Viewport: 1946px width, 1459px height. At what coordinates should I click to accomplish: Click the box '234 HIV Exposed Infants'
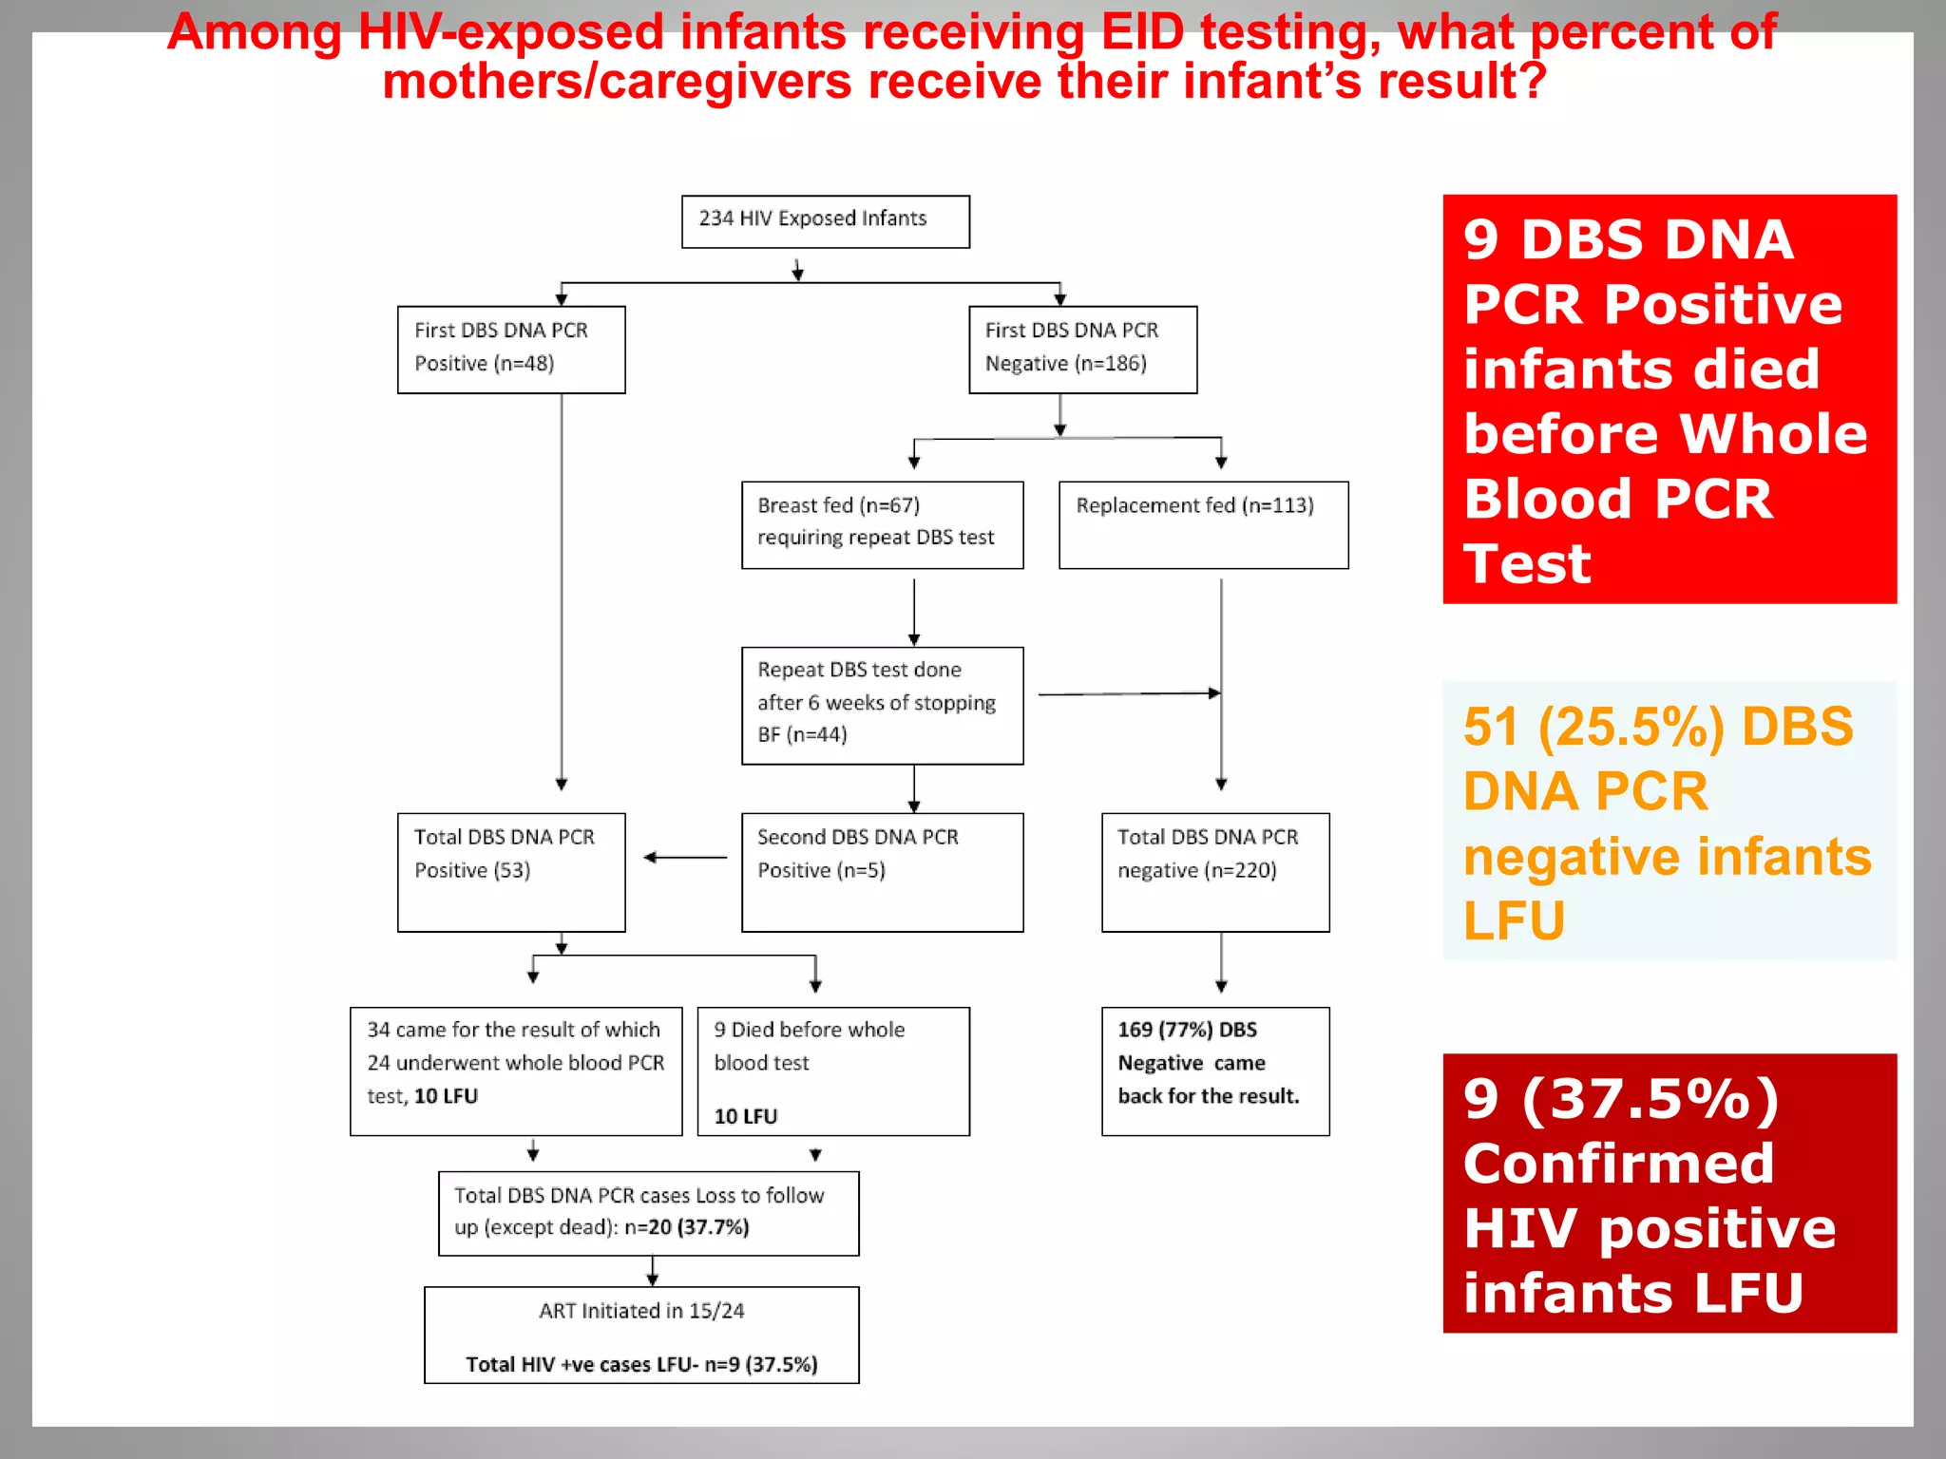click(x=825, y=221)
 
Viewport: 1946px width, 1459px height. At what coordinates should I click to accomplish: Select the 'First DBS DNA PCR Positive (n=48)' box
click(x=511, y=349)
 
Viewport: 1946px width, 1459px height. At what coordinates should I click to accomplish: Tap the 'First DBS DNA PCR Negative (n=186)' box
click(x=1082, y=349)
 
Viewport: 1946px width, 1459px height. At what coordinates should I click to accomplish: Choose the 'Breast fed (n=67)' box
click(x=882, y=524)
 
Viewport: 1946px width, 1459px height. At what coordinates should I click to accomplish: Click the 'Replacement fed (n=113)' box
click(x=1203, y=524)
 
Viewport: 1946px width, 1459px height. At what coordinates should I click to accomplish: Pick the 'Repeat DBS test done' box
click(x=882, y=705)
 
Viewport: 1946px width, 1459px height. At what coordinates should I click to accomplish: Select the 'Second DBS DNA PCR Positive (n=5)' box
click(x=882, y=871)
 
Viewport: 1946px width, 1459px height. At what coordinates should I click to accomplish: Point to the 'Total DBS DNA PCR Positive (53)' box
click(x=511, y=871)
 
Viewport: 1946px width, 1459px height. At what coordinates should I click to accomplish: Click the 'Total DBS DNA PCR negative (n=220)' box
click(x=1215, y=871)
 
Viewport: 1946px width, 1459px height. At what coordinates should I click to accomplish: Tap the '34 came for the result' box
click(x=516, y=1071)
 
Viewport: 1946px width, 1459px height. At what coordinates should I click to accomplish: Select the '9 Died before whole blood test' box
click(x=833, y=1071)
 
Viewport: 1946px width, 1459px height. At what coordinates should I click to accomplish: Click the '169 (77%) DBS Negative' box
click(x=1215, y=1071)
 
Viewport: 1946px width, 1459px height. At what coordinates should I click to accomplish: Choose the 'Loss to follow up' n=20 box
click(x=648, y=1213)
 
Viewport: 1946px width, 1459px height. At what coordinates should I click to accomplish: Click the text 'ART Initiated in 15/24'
click(x=641, y=1311)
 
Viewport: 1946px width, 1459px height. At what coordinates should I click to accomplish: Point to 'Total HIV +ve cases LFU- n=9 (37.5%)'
click(x=641, y=1365)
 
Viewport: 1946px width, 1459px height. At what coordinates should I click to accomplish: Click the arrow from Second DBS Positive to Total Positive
click(x=684, y=858)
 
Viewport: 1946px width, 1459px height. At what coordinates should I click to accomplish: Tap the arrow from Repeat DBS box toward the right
click(x=1129, y=694)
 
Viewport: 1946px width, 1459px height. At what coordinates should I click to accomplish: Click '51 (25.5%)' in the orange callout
click(x=1593, y=728)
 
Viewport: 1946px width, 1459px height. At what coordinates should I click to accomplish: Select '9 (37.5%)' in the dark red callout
click(x=1621, y=1099)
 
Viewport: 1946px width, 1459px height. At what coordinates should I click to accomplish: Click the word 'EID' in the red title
click(x=1142, y=32)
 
